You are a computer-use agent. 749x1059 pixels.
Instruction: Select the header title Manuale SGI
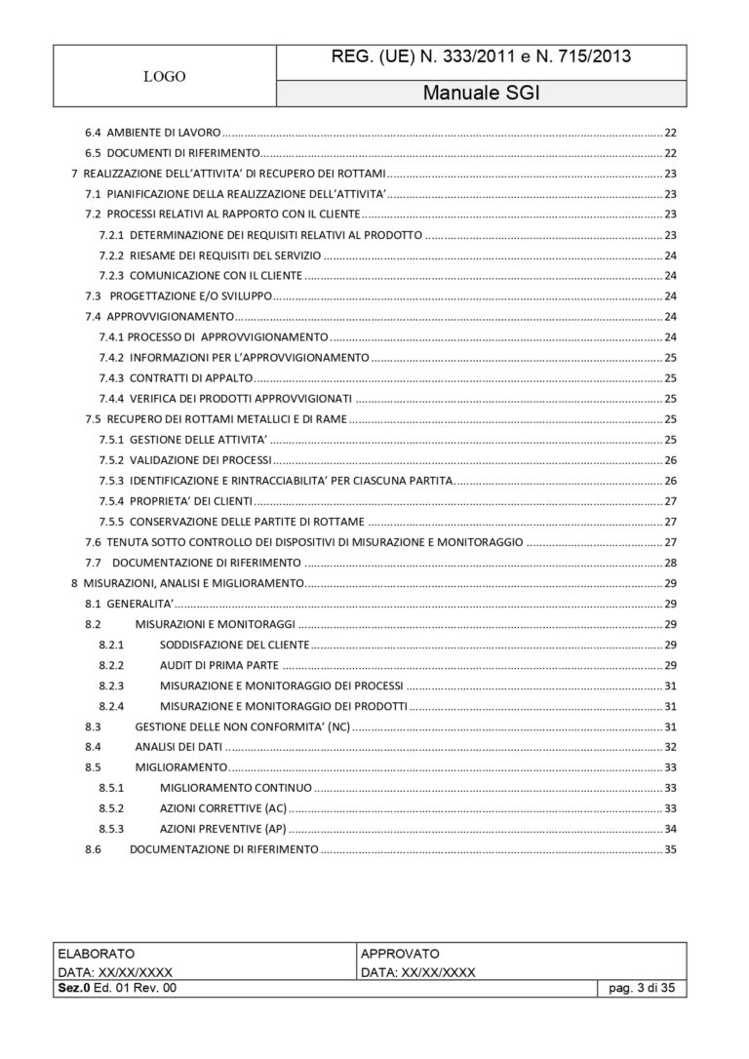(x=482, y=94)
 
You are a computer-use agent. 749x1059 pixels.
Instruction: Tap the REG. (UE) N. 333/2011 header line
(x=482, y=57)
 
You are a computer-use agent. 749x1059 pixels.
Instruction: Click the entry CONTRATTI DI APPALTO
(x=191, y=377)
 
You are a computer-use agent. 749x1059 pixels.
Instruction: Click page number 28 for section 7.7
(x=670, y=563)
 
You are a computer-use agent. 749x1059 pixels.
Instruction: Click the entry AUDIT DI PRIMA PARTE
(x=218, y=665)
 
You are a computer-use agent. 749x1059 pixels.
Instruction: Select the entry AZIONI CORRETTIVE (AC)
(x=223, y=808)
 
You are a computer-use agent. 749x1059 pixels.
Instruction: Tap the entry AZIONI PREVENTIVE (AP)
(x=223, y=829)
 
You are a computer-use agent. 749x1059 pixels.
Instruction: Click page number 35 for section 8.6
(x=670, y=849)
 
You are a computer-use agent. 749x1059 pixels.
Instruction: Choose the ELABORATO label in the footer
(x=97, y=953)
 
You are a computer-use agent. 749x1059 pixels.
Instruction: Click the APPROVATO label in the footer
(x=400, y=953)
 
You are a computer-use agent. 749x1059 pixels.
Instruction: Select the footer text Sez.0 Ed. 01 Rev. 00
(x=118, y=989)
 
